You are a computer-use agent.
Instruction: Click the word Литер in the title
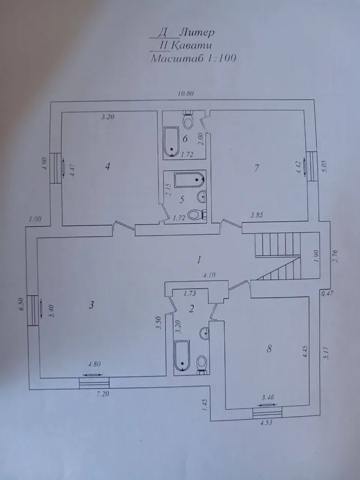tap(197, 32)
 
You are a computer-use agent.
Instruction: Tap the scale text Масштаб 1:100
tap(193, 58)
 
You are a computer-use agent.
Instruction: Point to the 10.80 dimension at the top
tap(186, 94)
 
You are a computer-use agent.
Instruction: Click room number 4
tap(107, 167)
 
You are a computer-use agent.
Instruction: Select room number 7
tap(257, 168)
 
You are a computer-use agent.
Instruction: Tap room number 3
tap(91, 305)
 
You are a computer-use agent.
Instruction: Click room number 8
tap(269, 349)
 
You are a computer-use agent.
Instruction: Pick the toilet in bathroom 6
tap(188, 119)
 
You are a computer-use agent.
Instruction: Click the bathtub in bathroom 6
tap(171, 142)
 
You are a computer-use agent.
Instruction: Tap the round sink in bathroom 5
tap(202, 197)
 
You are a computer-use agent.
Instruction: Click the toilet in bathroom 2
tap(202, 364)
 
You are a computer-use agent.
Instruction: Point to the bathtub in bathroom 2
tap(182, 356)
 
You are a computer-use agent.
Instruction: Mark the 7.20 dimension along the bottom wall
tap(103, 394)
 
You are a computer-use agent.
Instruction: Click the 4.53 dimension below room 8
tap(266, 423)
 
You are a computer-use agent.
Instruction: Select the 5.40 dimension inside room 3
tap(52, 311)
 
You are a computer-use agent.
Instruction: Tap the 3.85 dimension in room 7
tap(257, 215)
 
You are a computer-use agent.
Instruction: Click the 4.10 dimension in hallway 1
tap(209, 275)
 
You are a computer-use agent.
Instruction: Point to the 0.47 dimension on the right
tap(328, 293)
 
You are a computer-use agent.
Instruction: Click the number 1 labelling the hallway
tap(199, 260)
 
